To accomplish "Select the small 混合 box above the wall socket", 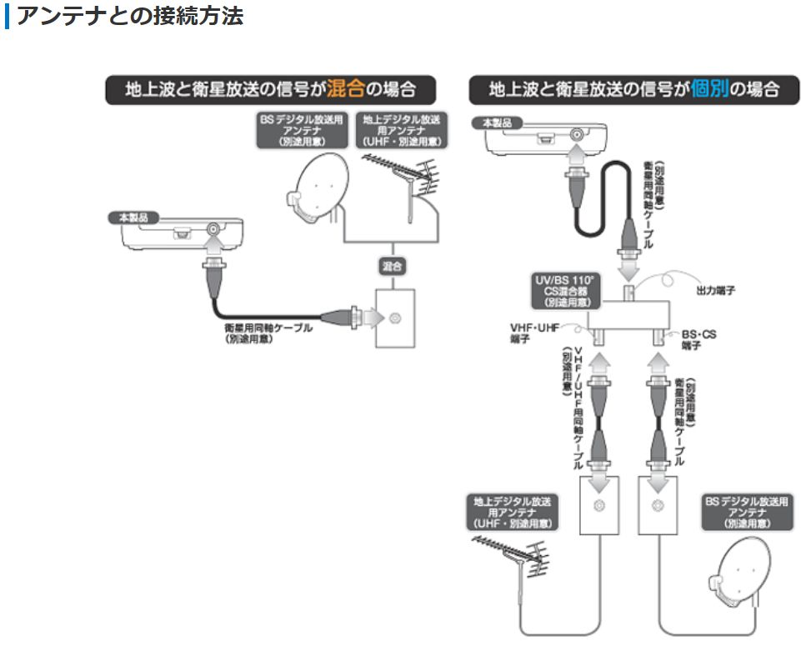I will [393, 267].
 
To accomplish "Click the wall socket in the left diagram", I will [393, 318].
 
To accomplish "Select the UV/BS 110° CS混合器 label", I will [567, 288].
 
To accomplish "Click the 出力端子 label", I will [714, 291].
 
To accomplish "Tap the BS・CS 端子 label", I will [698, 338].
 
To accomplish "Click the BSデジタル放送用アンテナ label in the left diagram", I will [298, 132].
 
